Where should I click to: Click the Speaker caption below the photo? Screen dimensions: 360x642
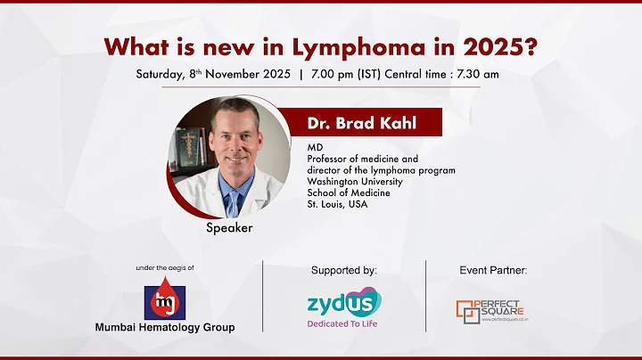pos(230,228)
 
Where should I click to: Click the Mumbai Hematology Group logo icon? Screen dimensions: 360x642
pos(165,300)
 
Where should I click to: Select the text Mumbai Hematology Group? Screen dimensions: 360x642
pos(165,327)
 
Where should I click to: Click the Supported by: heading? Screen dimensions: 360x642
pos(344,269)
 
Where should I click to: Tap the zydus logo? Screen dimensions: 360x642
pos(343,302)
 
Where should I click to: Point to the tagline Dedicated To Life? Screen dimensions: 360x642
pos(344,323)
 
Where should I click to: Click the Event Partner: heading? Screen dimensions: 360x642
pos(494,269)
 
